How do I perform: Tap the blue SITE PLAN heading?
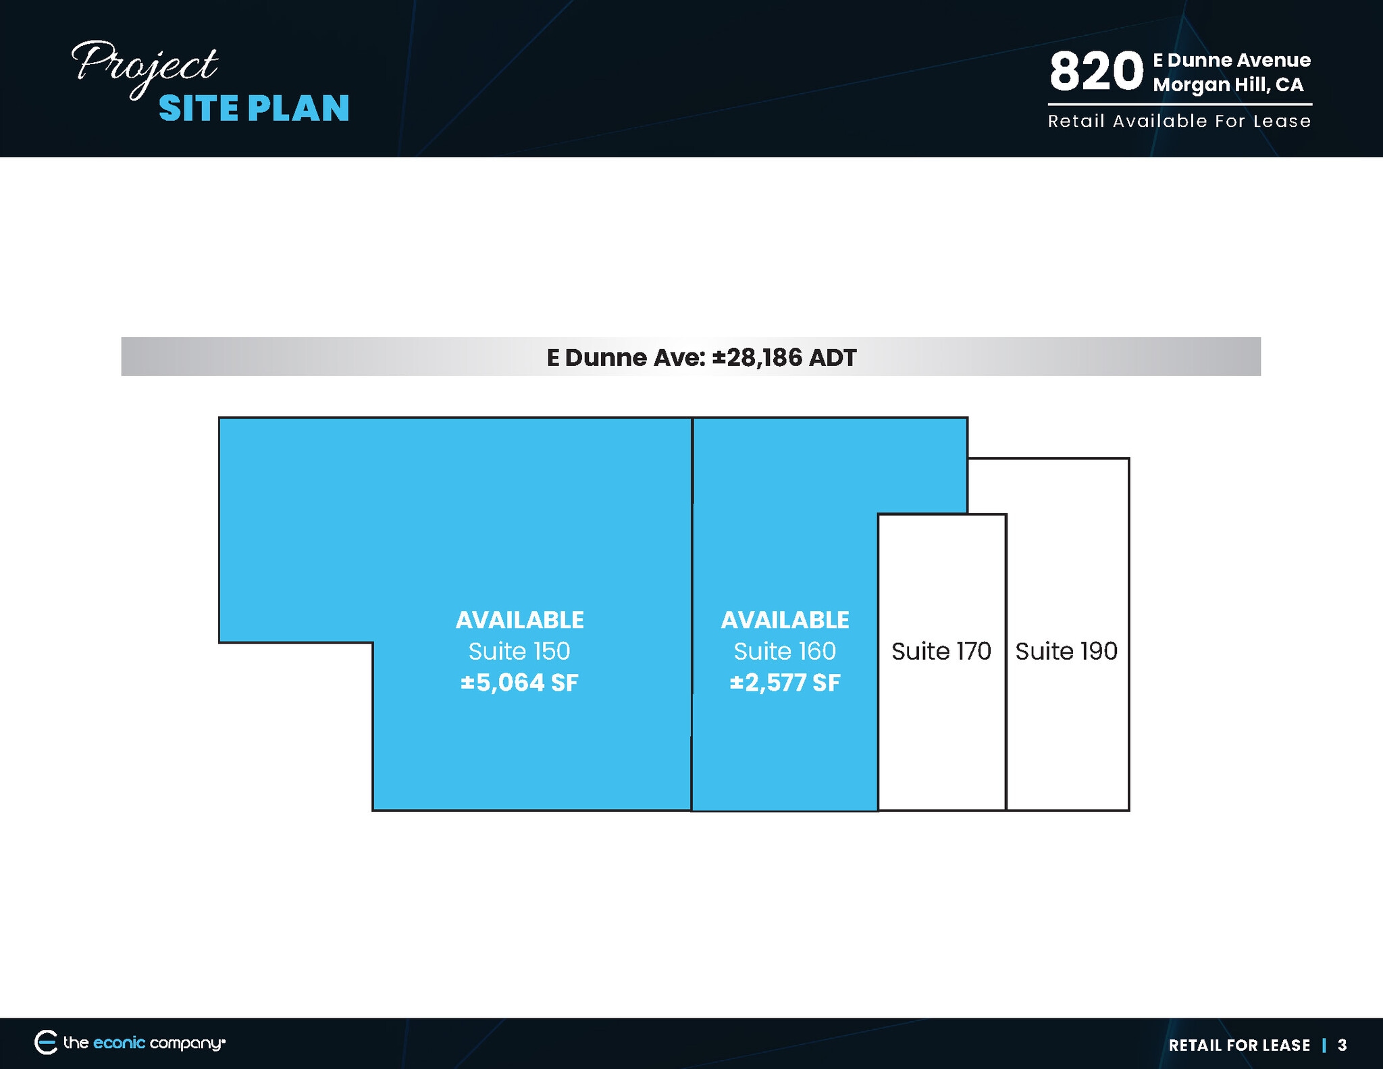click(x=254, y=108)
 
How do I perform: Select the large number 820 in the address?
click(x=1096, y=72)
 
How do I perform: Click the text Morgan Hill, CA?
click(x=1228, y=85)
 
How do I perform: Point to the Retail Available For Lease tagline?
click(x=1179, y=122)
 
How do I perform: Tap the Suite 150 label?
click(x=519, y=651)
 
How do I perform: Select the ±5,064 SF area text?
click(x=519, y=683)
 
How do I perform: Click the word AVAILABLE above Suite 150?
click(x=519, y=620)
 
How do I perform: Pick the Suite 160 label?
click(x=785, y=651)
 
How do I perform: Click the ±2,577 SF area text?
click(x=785, y=683)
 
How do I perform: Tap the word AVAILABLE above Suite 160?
click(x=785, y=620)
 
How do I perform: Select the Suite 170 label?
click(x=941, y=651)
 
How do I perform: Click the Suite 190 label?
click(x=1066, y=651)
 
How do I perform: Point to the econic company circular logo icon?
click(x=46, y=1043)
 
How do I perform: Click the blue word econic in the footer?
click(x=119, y=1043)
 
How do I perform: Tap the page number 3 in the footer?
click(x=1342, y=1045)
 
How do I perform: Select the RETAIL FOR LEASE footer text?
click(x=1239, y=1045)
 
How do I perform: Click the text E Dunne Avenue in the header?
click(x=1232, y=61)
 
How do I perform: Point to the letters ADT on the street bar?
click(x=833, y=357)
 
